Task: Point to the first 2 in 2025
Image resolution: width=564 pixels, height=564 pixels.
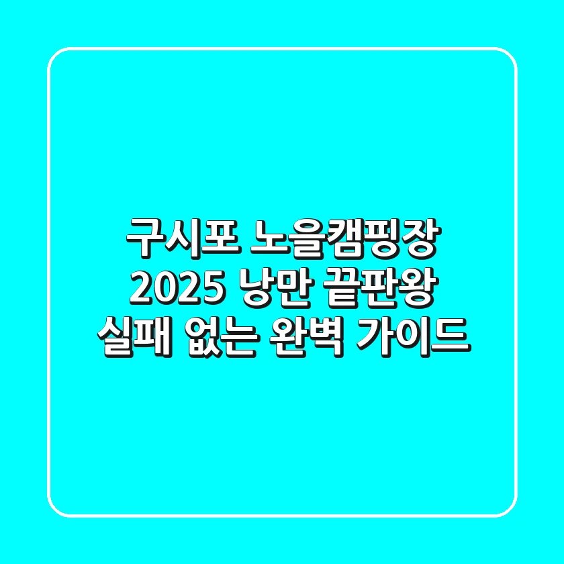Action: point(139,289)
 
